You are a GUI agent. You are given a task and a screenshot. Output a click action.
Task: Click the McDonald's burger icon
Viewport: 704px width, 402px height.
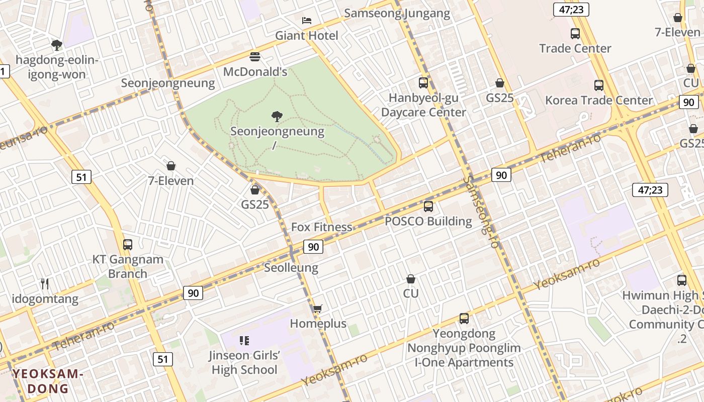(x=255, y=57)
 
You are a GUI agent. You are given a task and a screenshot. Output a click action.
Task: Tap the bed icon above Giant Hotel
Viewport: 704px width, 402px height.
(x=306, y=21)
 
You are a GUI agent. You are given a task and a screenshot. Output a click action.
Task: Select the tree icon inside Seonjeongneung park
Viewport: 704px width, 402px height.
(x=277, y=117)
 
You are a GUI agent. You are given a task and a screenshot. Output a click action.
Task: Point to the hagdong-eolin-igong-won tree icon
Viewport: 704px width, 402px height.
(x=57, y=45)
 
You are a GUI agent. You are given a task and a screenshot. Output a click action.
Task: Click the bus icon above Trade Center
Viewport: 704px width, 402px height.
(x=575, y=34)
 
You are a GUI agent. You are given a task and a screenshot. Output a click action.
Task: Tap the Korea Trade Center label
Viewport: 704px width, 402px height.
(x=598, y=100)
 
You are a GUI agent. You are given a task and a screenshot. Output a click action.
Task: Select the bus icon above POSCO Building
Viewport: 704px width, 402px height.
(x=428, y=206)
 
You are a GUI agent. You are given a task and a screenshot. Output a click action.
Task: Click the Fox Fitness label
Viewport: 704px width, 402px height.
(x=322, y=227)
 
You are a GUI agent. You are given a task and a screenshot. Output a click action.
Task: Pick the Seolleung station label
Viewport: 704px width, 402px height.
(x=291, y=267)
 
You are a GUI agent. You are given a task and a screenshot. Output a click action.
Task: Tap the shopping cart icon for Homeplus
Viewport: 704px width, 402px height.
(x=317, y=309)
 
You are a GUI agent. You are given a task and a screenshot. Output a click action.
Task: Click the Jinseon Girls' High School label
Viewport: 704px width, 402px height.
(x=244, y=362)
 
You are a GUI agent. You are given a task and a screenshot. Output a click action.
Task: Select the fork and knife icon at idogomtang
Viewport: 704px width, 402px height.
(x=45, y=284)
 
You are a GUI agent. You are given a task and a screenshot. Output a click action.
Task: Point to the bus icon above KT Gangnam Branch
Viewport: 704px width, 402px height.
(x=128, y=245)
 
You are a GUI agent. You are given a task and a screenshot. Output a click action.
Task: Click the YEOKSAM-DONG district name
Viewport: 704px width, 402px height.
(x=48, y=381)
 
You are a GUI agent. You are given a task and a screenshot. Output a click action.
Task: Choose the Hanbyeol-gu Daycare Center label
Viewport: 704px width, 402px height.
(x=423, y=105)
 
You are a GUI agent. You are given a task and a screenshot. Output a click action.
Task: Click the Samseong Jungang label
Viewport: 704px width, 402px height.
(x=397, y=13)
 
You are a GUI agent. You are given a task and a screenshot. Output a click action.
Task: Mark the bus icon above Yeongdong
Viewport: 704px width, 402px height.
(x=464, y=319)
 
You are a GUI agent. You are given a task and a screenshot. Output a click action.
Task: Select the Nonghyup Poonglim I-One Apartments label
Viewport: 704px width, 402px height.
(x=464, y=355)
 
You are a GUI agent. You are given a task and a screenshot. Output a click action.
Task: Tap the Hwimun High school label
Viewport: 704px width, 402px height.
(x=661, y=295)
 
